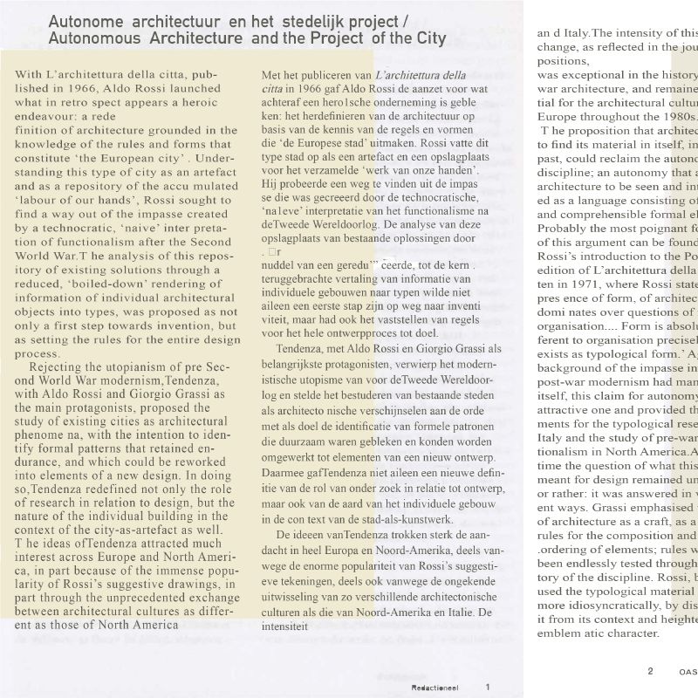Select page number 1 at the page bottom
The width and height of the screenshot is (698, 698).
tap(488, 686)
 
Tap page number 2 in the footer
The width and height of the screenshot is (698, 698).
tap(650, 671)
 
